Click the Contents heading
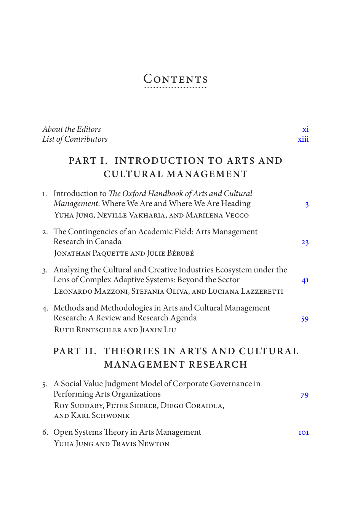point(176,79)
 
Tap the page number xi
point(305,130)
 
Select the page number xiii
point(303,139)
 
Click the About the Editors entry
point(72,130)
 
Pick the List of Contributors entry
point(75,139)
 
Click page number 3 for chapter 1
point(307,205)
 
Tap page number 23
point(305,242)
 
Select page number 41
point(305,280)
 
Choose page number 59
point(305,319)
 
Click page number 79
point(304,395)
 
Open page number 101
point(303,432)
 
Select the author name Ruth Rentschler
point(88,330)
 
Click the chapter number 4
point(45,309)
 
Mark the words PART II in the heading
point(75,351)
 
